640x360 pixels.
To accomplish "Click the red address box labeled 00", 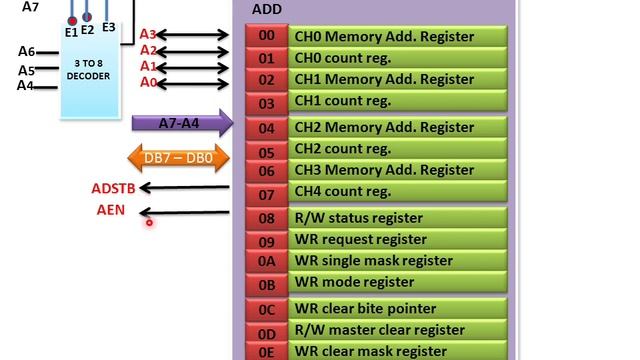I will tap(266, 36).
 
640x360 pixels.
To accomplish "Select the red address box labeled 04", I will tap(266, 128).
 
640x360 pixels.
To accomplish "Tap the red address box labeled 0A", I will tap(266, 261).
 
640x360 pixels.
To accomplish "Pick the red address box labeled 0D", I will tap(266, 331).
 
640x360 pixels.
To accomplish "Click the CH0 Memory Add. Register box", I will tap(398, 36).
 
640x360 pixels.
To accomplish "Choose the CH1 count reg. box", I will tap(398, 101).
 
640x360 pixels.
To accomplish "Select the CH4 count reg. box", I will tap(398, 192).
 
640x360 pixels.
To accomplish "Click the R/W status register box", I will tap(398, 218).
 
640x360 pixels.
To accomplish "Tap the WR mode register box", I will tap(398, 282).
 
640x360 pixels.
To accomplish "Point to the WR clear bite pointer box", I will tap(398, 309).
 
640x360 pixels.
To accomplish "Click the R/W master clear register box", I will tap(398, 330).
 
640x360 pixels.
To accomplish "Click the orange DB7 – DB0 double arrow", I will tap(179, 157).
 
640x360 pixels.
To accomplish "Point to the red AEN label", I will tap(111, 210).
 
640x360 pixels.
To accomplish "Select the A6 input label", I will tap(26, 51).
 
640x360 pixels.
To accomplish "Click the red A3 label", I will tap(147, 35).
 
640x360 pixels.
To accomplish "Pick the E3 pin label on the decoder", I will tap(108, 27).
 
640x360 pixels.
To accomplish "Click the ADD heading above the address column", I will tap(266, 9).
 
